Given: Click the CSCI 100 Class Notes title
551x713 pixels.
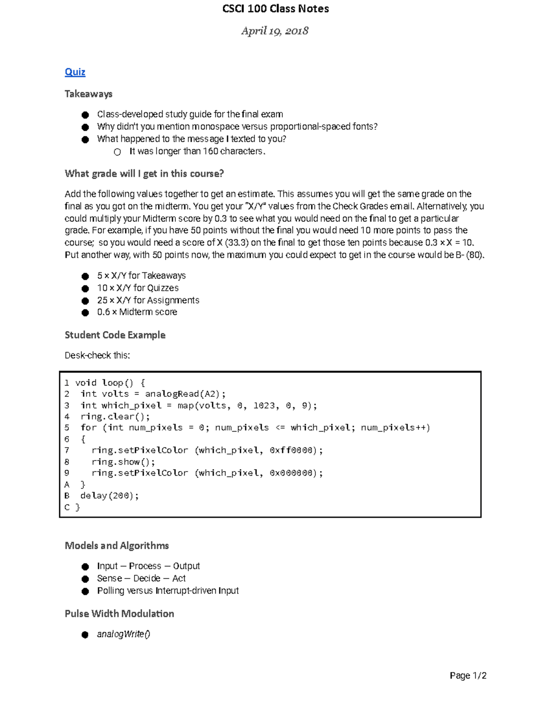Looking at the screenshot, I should [275, 9].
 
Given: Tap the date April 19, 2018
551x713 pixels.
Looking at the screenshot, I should [275, 31].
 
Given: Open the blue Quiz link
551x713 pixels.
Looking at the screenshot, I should [75, 72].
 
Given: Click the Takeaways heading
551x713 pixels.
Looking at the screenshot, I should [89, 94].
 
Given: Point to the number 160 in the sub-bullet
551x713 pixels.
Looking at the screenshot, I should [210, 151].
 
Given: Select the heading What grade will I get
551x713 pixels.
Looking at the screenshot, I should [144, 174].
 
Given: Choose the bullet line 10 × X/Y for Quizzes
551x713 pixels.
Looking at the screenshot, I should [138, 288].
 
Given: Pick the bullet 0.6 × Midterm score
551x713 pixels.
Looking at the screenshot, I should [137, 312].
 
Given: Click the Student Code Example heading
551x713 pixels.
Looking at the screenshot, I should [115, 335].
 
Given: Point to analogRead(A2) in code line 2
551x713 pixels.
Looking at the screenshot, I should [183, 394].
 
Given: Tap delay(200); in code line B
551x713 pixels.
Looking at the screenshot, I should [109, 496].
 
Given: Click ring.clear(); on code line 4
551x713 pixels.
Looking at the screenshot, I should [115, 416].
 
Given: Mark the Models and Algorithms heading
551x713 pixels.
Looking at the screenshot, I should [117, 545].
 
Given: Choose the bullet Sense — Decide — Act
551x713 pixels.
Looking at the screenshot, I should [141, 578].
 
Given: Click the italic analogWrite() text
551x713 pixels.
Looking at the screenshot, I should [124, 634].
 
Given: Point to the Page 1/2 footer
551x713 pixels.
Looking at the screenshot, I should [468, 675].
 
